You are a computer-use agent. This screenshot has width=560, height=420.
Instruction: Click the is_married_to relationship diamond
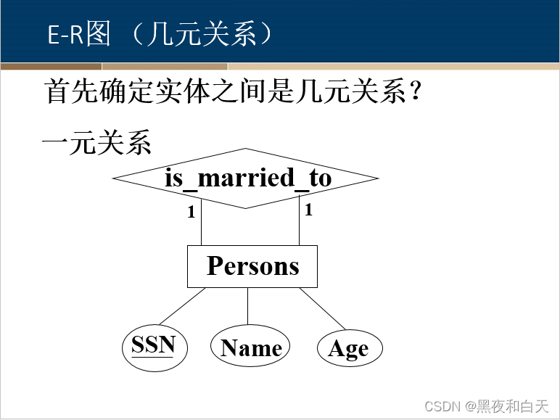[246, 178]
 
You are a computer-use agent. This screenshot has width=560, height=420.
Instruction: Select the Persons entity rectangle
[252, 266]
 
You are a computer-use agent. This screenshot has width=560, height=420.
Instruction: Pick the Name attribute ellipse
[250, 347]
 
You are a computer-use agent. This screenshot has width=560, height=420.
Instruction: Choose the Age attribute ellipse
[349, 349]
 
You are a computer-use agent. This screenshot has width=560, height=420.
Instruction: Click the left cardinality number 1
[192, 213]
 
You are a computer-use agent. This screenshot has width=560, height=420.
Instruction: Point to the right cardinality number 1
[308, 210]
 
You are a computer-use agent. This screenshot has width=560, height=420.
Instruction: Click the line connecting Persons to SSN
[181, 306]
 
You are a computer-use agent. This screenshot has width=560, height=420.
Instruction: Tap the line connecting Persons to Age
[322, 308]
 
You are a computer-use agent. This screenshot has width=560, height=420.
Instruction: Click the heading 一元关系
[96, 143]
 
